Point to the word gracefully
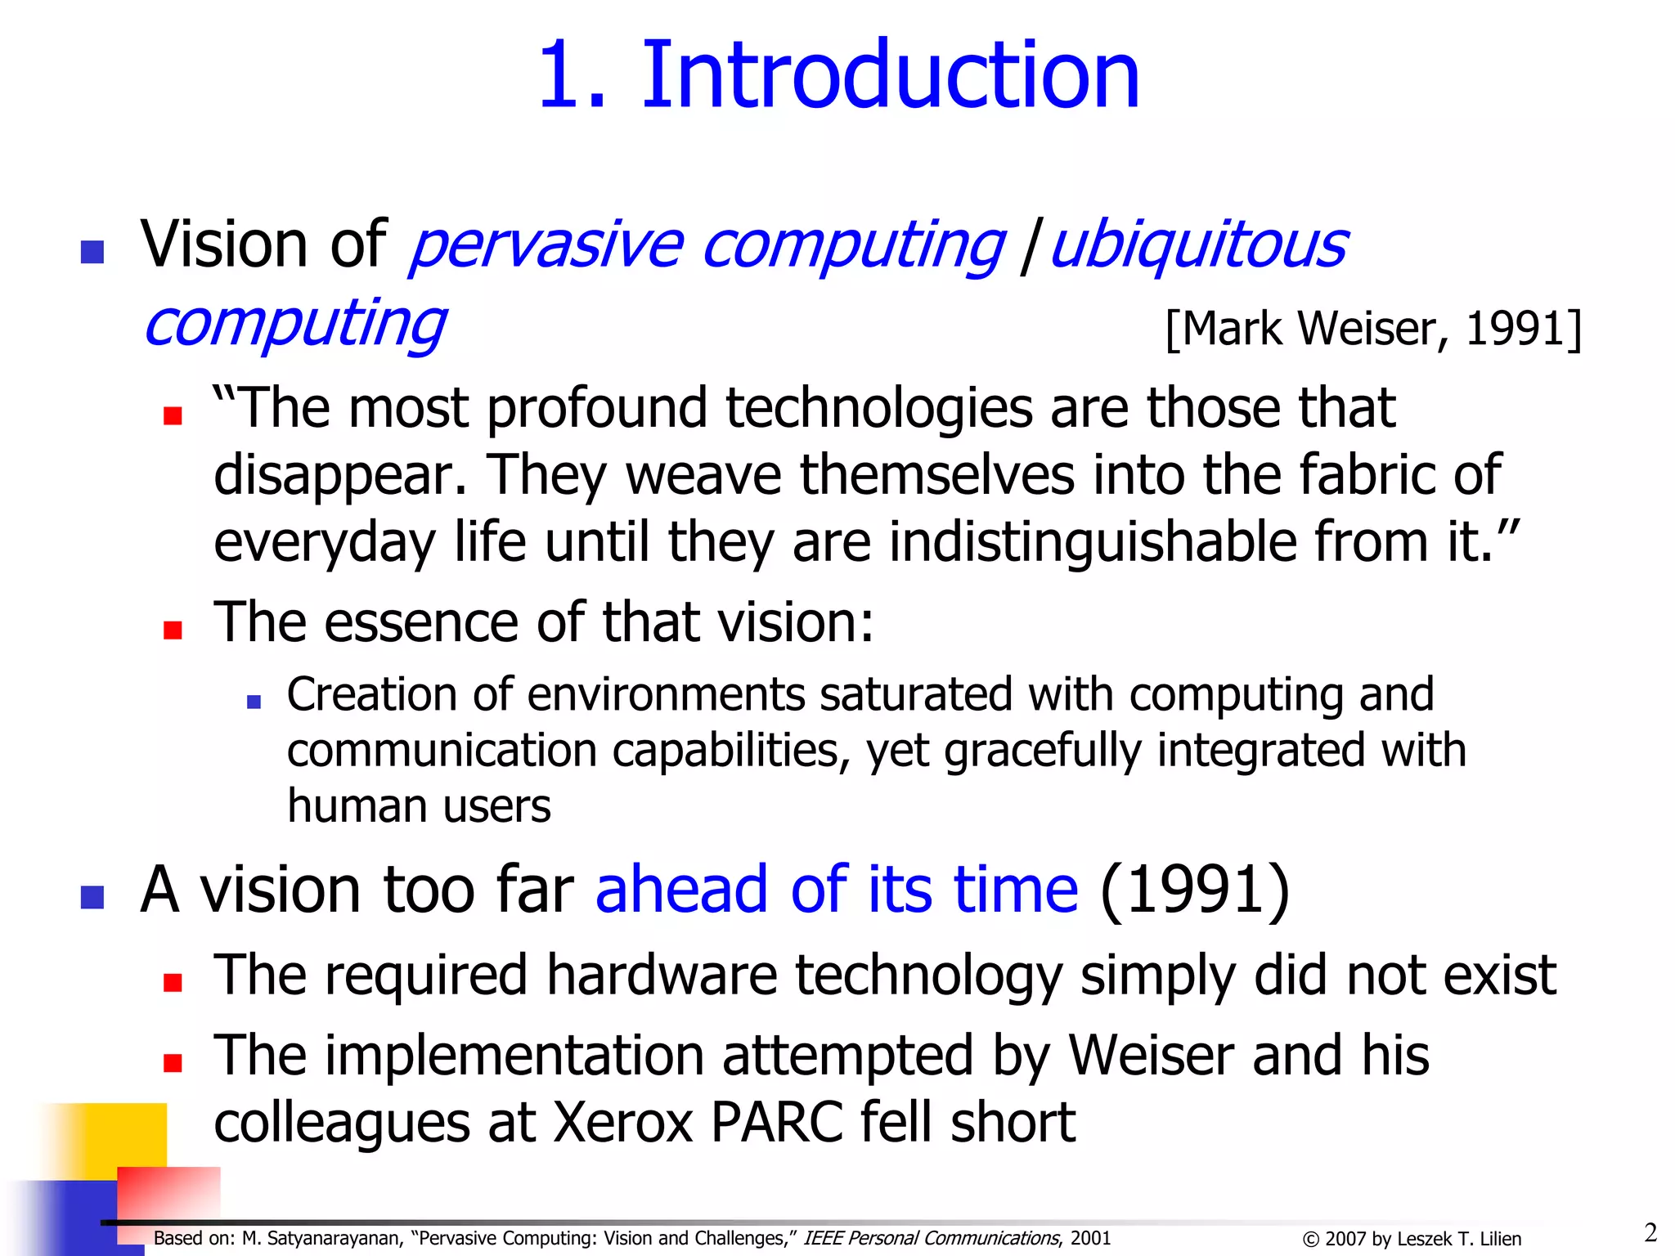[1043, 751]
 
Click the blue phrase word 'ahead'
[681, 889]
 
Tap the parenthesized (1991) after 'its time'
[1195, 889]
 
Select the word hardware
[662, 975]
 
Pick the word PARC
[777, 1122]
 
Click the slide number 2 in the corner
[1650, 1232]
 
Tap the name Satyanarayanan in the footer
[335, 1239]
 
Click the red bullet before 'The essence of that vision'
[173, 629]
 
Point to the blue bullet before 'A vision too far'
[92, 897]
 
